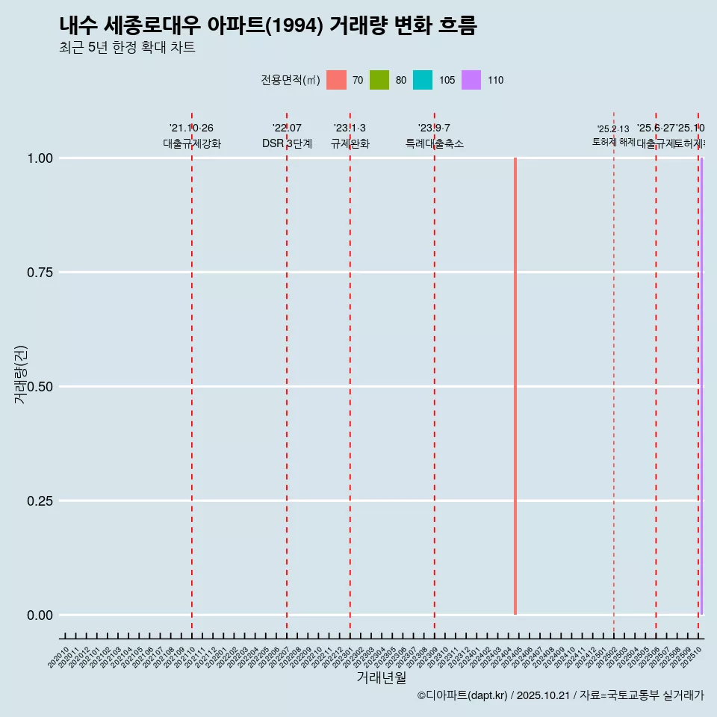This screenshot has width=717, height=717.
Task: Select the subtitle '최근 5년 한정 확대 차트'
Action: [x=127, y=48]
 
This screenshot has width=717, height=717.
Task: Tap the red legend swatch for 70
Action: [x=337, y=80]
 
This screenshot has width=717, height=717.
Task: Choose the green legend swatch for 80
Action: [x=379, y=80]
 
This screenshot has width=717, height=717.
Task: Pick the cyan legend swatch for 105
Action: [x=423, y=80]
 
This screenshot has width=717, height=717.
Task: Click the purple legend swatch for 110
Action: [x=471, y=80]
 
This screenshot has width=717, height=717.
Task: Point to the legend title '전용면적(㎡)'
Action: [x=291, y=80]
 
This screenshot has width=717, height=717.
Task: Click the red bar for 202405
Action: [x=515, y=386]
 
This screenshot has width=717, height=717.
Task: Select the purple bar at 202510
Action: [x=701, y=386]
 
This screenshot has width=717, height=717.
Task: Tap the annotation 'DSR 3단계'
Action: [x=287, y=143]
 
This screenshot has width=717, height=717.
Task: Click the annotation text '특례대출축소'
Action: [x=435, y=143]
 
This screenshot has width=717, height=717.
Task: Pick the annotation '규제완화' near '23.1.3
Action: [x=350, y=143]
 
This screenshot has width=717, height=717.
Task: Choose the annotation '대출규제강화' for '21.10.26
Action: [x=192, y=143]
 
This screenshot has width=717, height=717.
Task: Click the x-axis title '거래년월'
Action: [x=382, y=678]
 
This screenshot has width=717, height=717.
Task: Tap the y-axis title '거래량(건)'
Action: [x=21, y=374]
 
